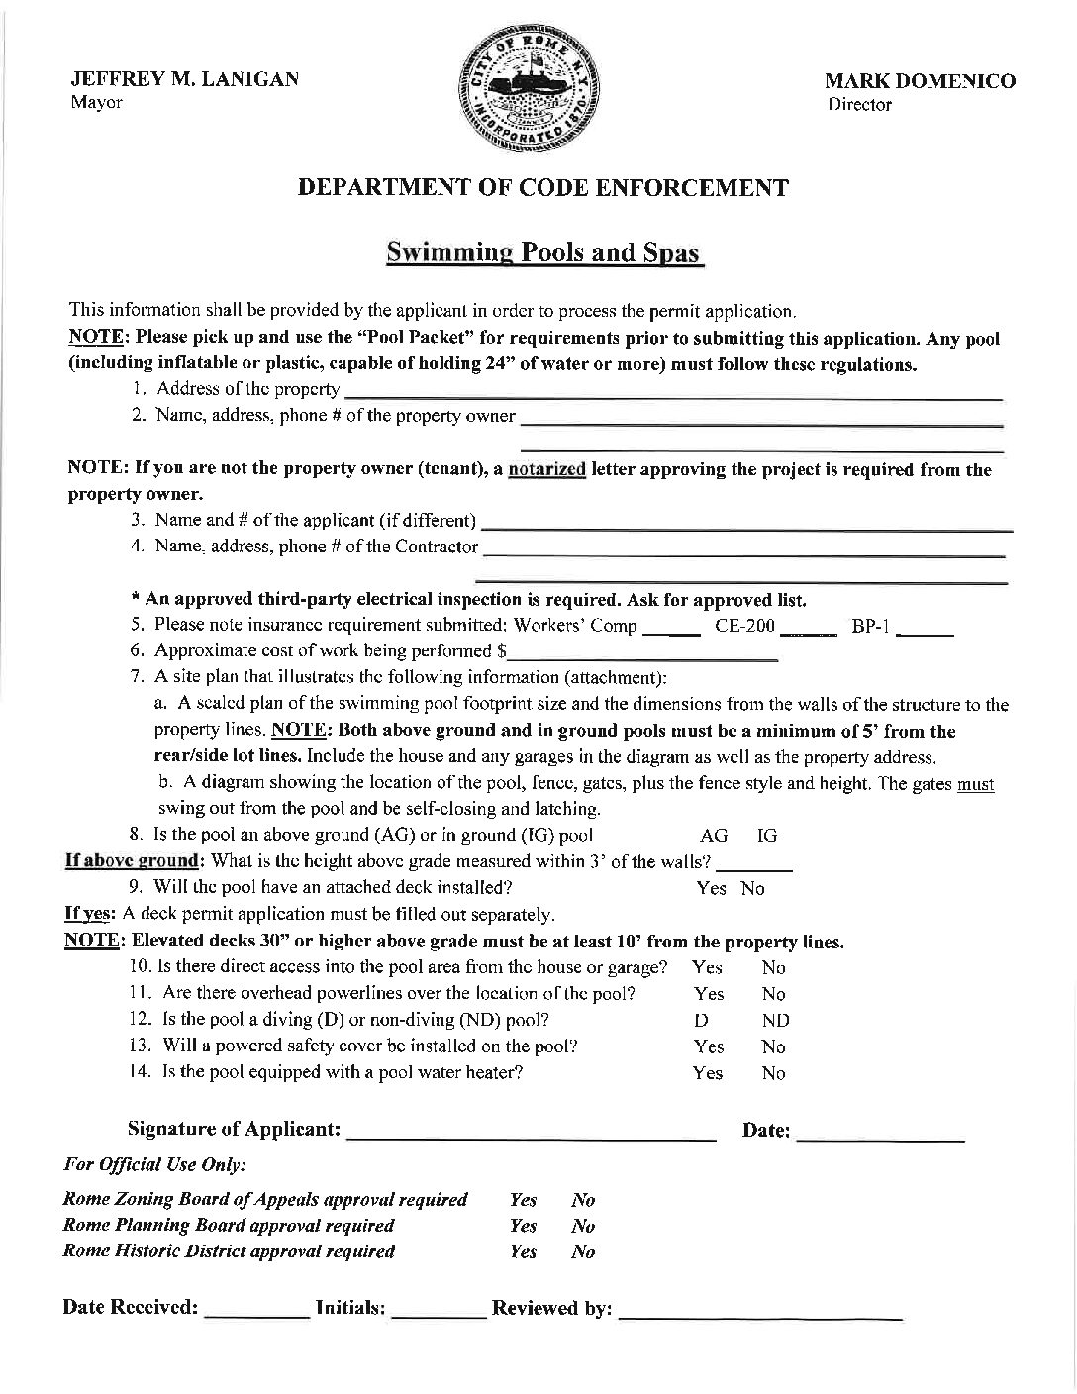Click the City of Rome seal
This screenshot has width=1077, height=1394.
[x=530, y=95]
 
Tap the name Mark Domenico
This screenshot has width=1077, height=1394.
[x=921, y=81]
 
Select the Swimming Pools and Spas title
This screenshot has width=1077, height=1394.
[x=543, y=251]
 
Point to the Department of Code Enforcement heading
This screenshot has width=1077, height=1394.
[x=543, y=187]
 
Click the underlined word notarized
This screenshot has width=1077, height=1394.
[x=546, y=469]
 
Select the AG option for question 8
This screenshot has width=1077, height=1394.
[x=713, y=836]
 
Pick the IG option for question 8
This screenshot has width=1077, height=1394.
[x=767, y=836]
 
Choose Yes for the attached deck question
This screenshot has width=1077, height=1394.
[x=711, y=888]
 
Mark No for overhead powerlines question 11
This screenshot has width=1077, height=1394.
[x=773, y=994]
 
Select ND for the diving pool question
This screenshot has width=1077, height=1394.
[x=776, y=1021]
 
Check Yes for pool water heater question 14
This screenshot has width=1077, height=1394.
[x=708, y=1073]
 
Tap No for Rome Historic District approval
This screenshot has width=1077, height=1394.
[x=583, y=1252]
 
